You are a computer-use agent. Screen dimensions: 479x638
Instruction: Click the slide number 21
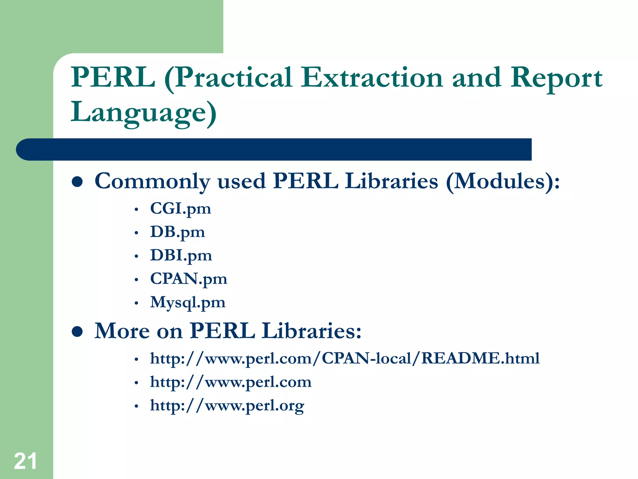tap(25, 461)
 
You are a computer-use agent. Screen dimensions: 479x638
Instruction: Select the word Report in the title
tap(556, 78)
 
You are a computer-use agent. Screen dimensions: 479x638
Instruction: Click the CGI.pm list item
tap(180, 208)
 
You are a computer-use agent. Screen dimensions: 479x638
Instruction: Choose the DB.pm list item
tap(177, 232)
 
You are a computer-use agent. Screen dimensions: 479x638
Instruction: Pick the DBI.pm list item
tap(181, 255)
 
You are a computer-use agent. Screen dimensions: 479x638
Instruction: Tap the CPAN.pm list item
tap(188, 279)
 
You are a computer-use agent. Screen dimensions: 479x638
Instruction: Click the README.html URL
tap(345, 358)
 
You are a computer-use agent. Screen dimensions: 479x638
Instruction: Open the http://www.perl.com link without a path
tap(231, 382)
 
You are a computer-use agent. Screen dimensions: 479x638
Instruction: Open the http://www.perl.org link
tap(227, 406)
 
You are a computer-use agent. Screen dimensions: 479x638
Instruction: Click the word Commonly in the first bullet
tap(152, 181)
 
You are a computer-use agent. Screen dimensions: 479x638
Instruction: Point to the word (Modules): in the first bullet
tap(502, 181)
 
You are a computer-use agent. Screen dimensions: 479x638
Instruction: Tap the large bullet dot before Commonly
tap(77, 182)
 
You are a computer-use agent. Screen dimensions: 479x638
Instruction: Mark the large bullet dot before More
tap(77, 331)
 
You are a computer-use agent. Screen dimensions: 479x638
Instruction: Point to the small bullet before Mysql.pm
tap(136, 303)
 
